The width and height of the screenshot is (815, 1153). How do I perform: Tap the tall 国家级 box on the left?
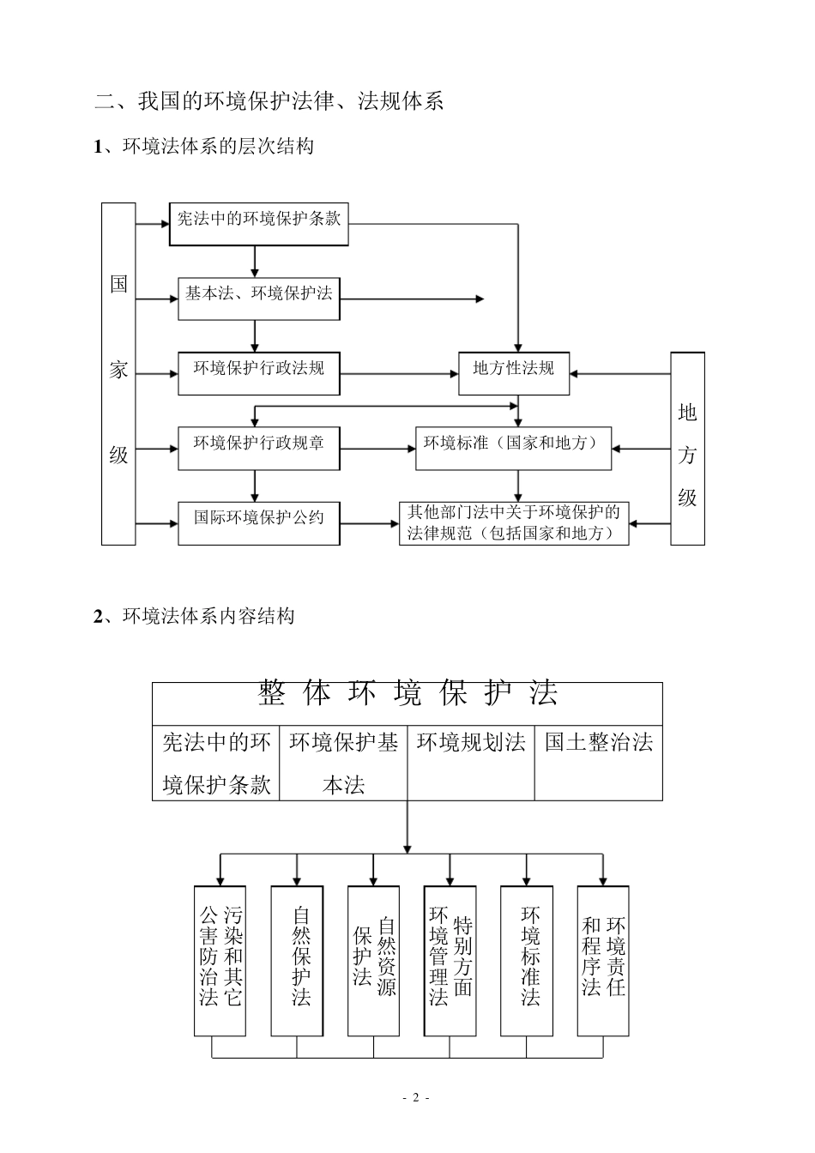[118, 373]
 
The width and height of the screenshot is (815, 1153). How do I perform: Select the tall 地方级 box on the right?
[687, 448]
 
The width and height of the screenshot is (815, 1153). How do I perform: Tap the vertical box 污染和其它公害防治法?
[220, 961]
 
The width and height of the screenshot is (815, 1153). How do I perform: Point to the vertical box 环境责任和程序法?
[603, 961]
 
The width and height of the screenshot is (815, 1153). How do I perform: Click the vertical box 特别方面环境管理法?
[450, 961]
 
